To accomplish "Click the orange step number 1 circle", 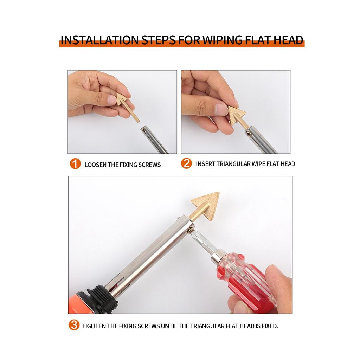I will tap(75, 164).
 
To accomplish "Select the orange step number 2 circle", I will tap(186, 163).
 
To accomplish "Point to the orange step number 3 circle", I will tap(74, 325).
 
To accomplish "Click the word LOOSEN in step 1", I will tap(95, 165).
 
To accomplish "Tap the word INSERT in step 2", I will tap(205, 164).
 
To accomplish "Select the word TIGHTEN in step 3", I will tap(94, 326).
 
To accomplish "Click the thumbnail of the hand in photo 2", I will tap(221, 109).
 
